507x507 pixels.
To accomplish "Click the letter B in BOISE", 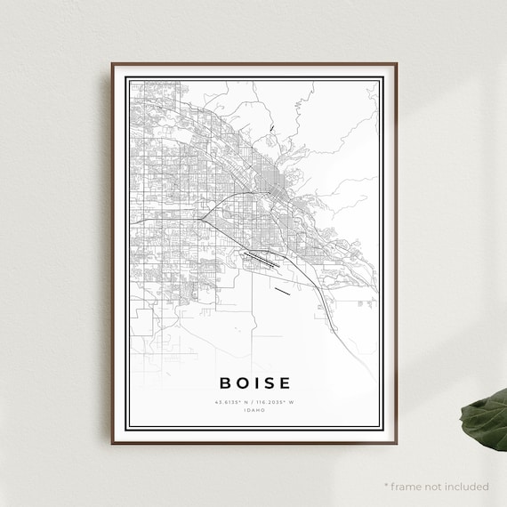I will pyautogui.click(x=224, y=383).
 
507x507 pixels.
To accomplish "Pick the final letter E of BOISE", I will pyautogui.click(x=284, y=383).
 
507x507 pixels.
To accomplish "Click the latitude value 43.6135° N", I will pyautogui.click(x=233, y=402).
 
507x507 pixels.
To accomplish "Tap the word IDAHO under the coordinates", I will pyautogui.click(x=254, y=410).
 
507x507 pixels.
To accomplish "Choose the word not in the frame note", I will pyautogui.click(x=433, y=487).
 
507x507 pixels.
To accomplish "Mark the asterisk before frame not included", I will pyautogui.click(x=387, y=486).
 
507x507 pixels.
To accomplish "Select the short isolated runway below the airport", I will pyautogui.click(x=283, y=290).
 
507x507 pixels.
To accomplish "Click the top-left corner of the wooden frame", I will pyautogui.click(x=113, y=65).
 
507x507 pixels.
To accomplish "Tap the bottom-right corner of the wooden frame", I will pyautogui.click(x=397, y=441).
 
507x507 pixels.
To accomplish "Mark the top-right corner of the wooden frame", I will pyautogui.click(x=397, y=65).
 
